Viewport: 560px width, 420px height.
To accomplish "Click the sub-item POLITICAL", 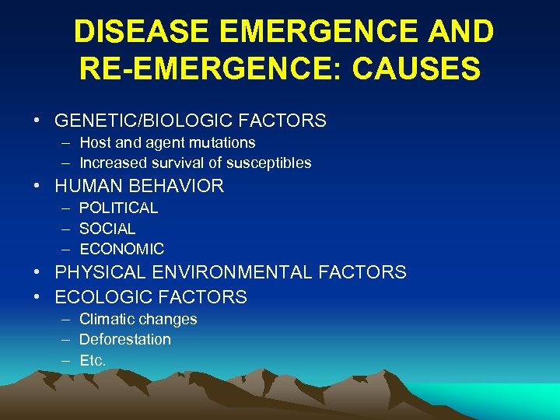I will (118, 208).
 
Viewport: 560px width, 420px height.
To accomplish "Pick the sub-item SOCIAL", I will (107, 229).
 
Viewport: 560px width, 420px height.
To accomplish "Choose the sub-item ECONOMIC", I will (121, 249).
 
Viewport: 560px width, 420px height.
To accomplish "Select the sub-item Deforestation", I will (124, 339).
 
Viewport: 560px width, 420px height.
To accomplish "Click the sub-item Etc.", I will (92, 360).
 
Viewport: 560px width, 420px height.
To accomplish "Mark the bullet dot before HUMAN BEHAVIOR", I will (37, 186).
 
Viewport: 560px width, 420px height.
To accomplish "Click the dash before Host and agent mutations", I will (62, 142).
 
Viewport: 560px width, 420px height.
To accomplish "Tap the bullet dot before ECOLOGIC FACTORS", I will (37, 297).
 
